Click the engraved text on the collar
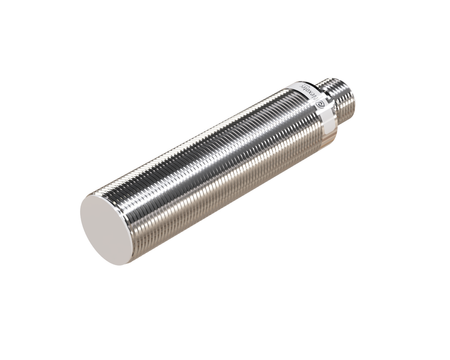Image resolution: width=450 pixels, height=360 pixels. click(316, 96)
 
